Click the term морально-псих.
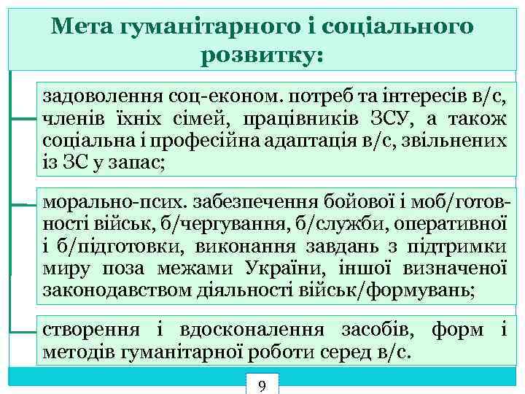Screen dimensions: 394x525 point(99,201)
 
